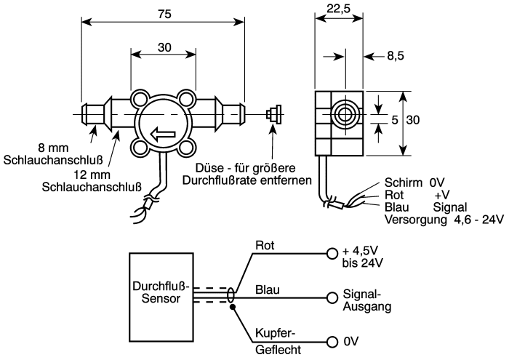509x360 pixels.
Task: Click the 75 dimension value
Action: (164, 14)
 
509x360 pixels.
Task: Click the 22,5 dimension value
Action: (339, 9)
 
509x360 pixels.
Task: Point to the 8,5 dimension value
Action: (396, 56)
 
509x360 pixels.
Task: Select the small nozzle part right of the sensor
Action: (273, 114)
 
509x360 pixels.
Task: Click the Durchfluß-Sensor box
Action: (161, 297)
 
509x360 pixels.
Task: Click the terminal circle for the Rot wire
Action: (332, 253)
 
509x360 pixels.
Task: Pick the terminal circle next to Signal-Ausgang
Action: (332, 297)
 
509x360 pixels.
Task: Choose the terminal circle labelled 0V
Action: (332, 342)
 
